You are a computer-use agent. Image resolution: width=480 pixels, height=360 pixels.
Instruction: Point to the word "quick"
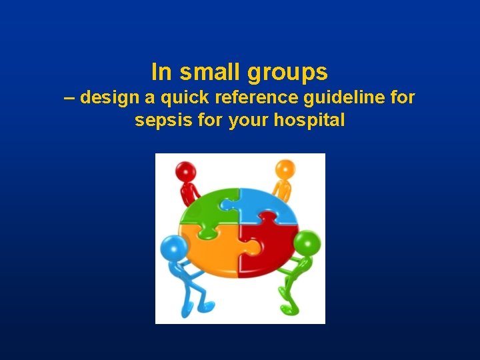pyautogui.click(x=179, y=98)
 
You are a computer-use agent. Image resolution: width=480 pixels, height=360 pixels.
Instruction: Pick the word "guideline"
pyautogui.click(x=343, y=97)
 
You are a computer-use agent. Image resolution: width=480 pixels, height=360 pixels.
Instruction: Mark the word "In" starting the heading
pyautogui.click(x=161, y=71)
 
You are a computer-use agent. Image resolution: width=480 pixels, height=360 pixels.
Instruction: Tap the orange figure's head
pyautogui.click(x=285, y=169)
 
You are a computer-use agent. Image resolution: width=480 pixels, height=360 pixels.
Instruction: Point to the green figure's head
pyautogui.click(x=309, y=243)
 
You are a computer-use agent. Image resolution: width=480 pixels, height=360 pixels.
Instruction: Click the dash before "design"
pyautogui.click(x=70, y=98)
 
